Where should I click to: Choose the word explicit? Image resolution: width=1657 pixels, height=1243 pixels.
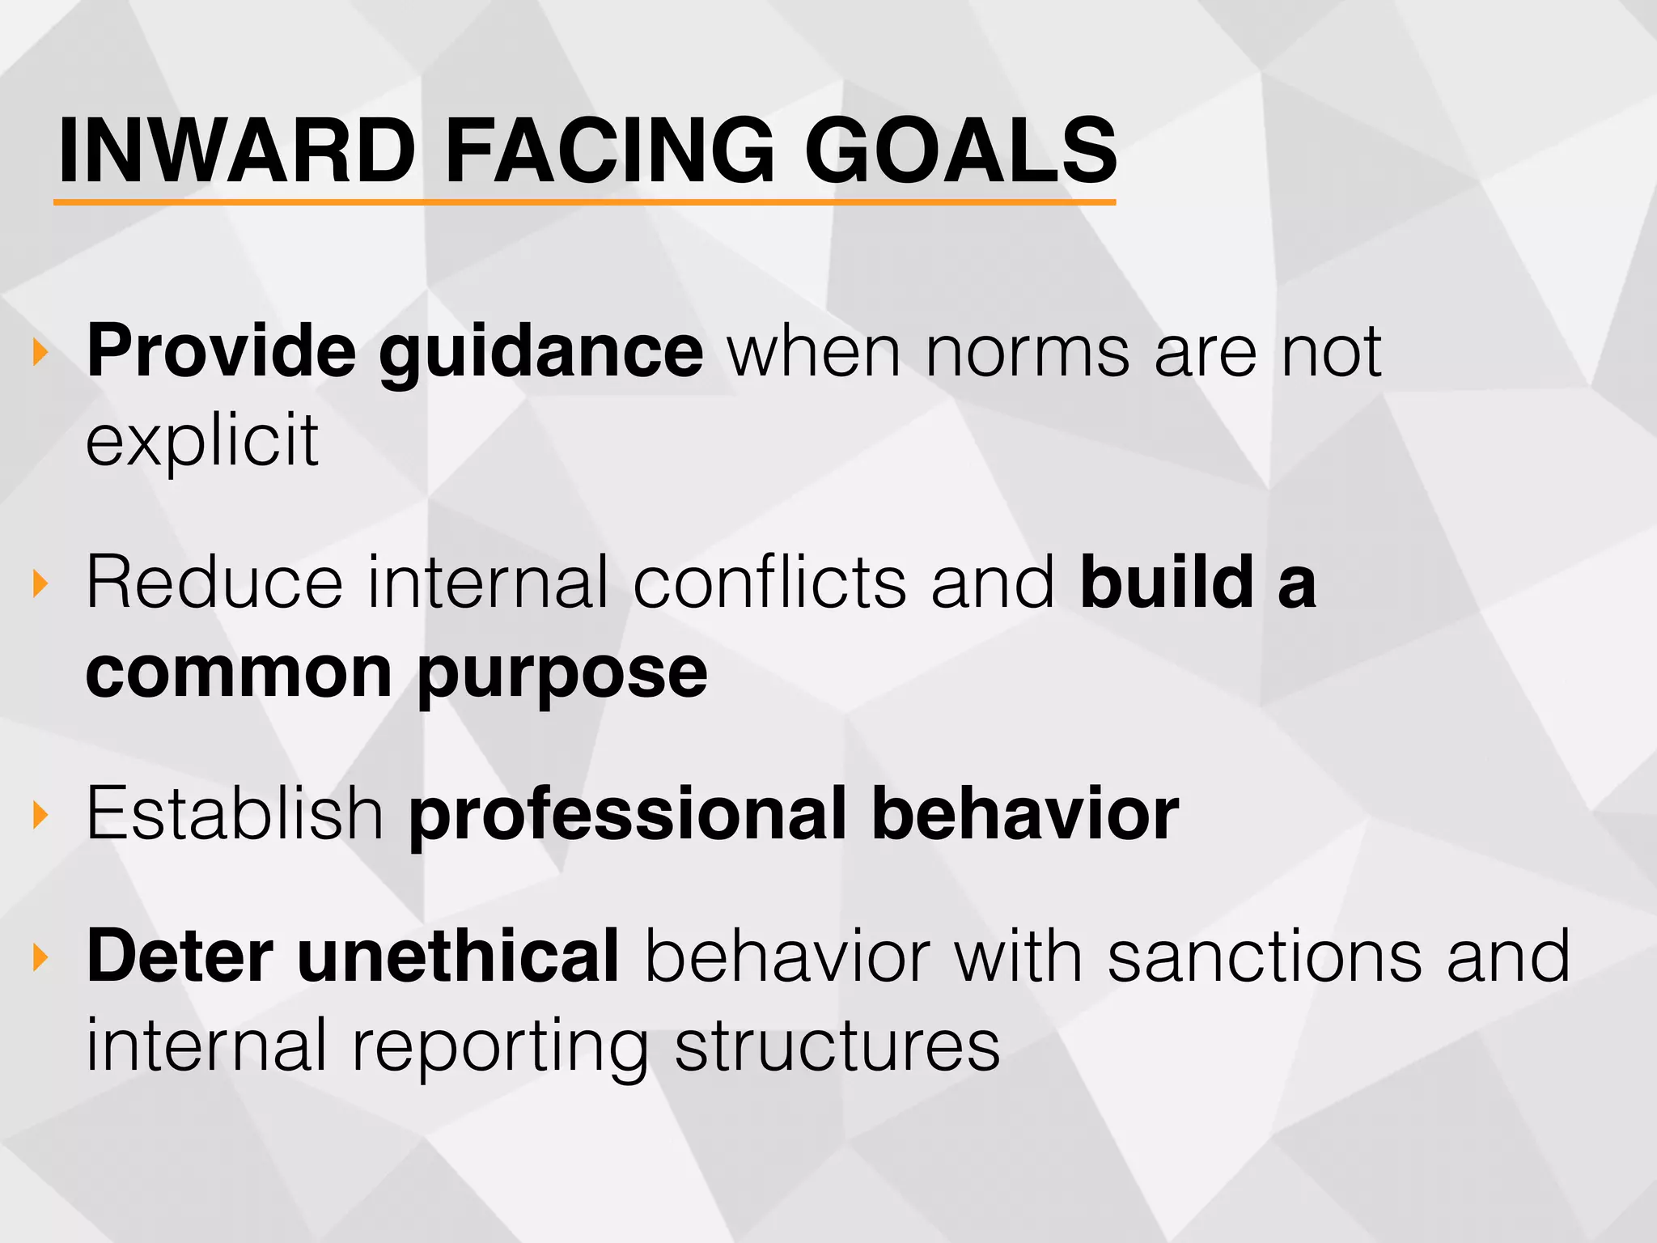click(202, 442)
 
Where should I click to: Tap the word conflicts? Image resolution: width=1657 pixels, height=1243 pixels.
click(769, 583)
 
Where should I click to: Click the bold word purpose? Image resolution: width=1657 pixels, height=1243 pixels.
click(562, 675)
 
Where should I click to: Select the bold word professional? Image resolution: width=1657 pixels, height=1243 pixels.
click(627, 814)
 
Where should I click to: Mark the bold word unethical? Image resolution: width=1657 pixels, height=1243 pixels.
click(458, 957)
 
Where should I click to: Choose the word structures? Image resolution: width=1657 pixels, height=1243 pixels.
click(837, 1046)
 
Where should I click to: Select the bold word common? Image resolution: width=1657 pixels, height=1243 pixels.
click(239, 673)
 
